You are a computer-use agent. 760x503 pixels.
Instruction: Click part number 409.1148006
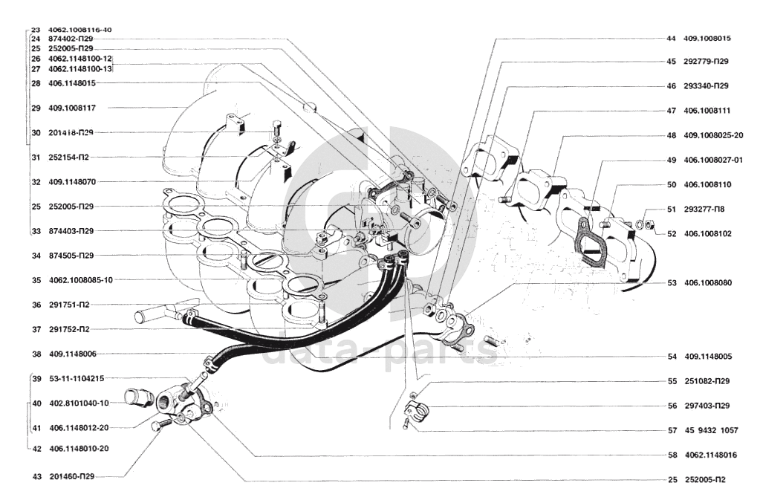72,354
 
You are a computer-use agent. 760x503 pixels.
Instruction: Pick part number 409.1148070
72,181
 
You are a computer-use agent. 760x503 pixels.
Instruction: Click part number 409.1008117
72,108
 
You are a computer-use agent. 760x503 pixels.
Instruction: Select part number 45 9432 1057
712,430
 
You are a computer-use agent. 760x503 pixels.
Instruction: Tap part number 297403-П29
707,406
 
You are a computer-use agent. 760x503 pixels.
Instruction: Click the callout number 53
672,282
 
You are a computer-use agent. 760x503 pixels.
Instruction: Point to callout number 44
671,38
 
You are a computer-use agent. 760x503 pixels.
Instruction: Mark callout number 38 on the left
36,354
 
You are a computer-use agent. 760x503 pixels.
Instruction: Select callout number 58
672,455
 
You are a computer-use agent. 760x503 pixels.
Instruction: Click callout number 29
36,108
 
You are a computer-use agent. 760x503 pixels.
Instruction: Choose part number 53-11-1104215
77,378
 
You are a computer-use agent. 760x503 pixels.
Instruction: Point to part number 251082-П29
707,381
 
